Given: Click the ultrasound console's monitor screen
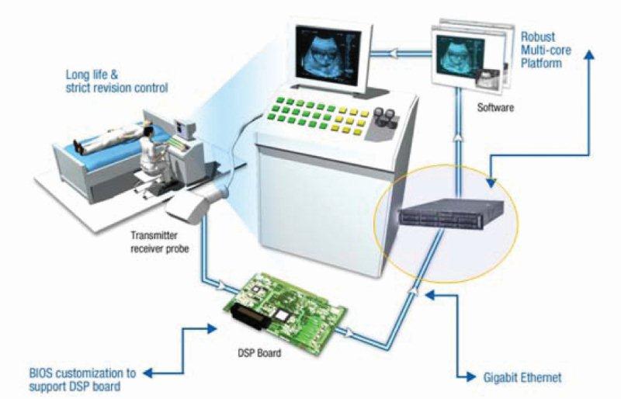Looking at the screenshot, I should click(327, 46).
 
